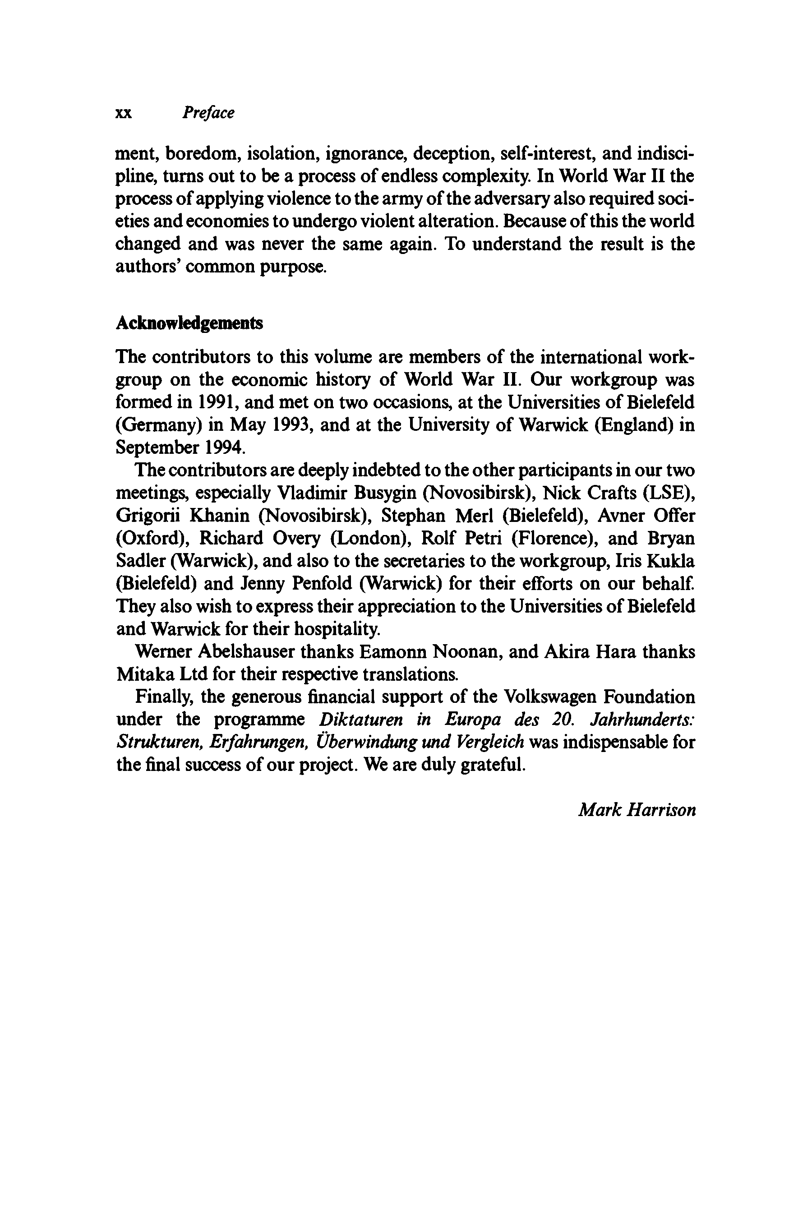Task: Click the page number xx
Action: point(123,113)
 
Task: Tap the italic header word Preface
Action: point(208,113)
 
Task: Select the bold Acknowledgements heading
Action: point(189,323)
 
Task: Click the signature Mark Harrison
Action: point(637,810)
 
